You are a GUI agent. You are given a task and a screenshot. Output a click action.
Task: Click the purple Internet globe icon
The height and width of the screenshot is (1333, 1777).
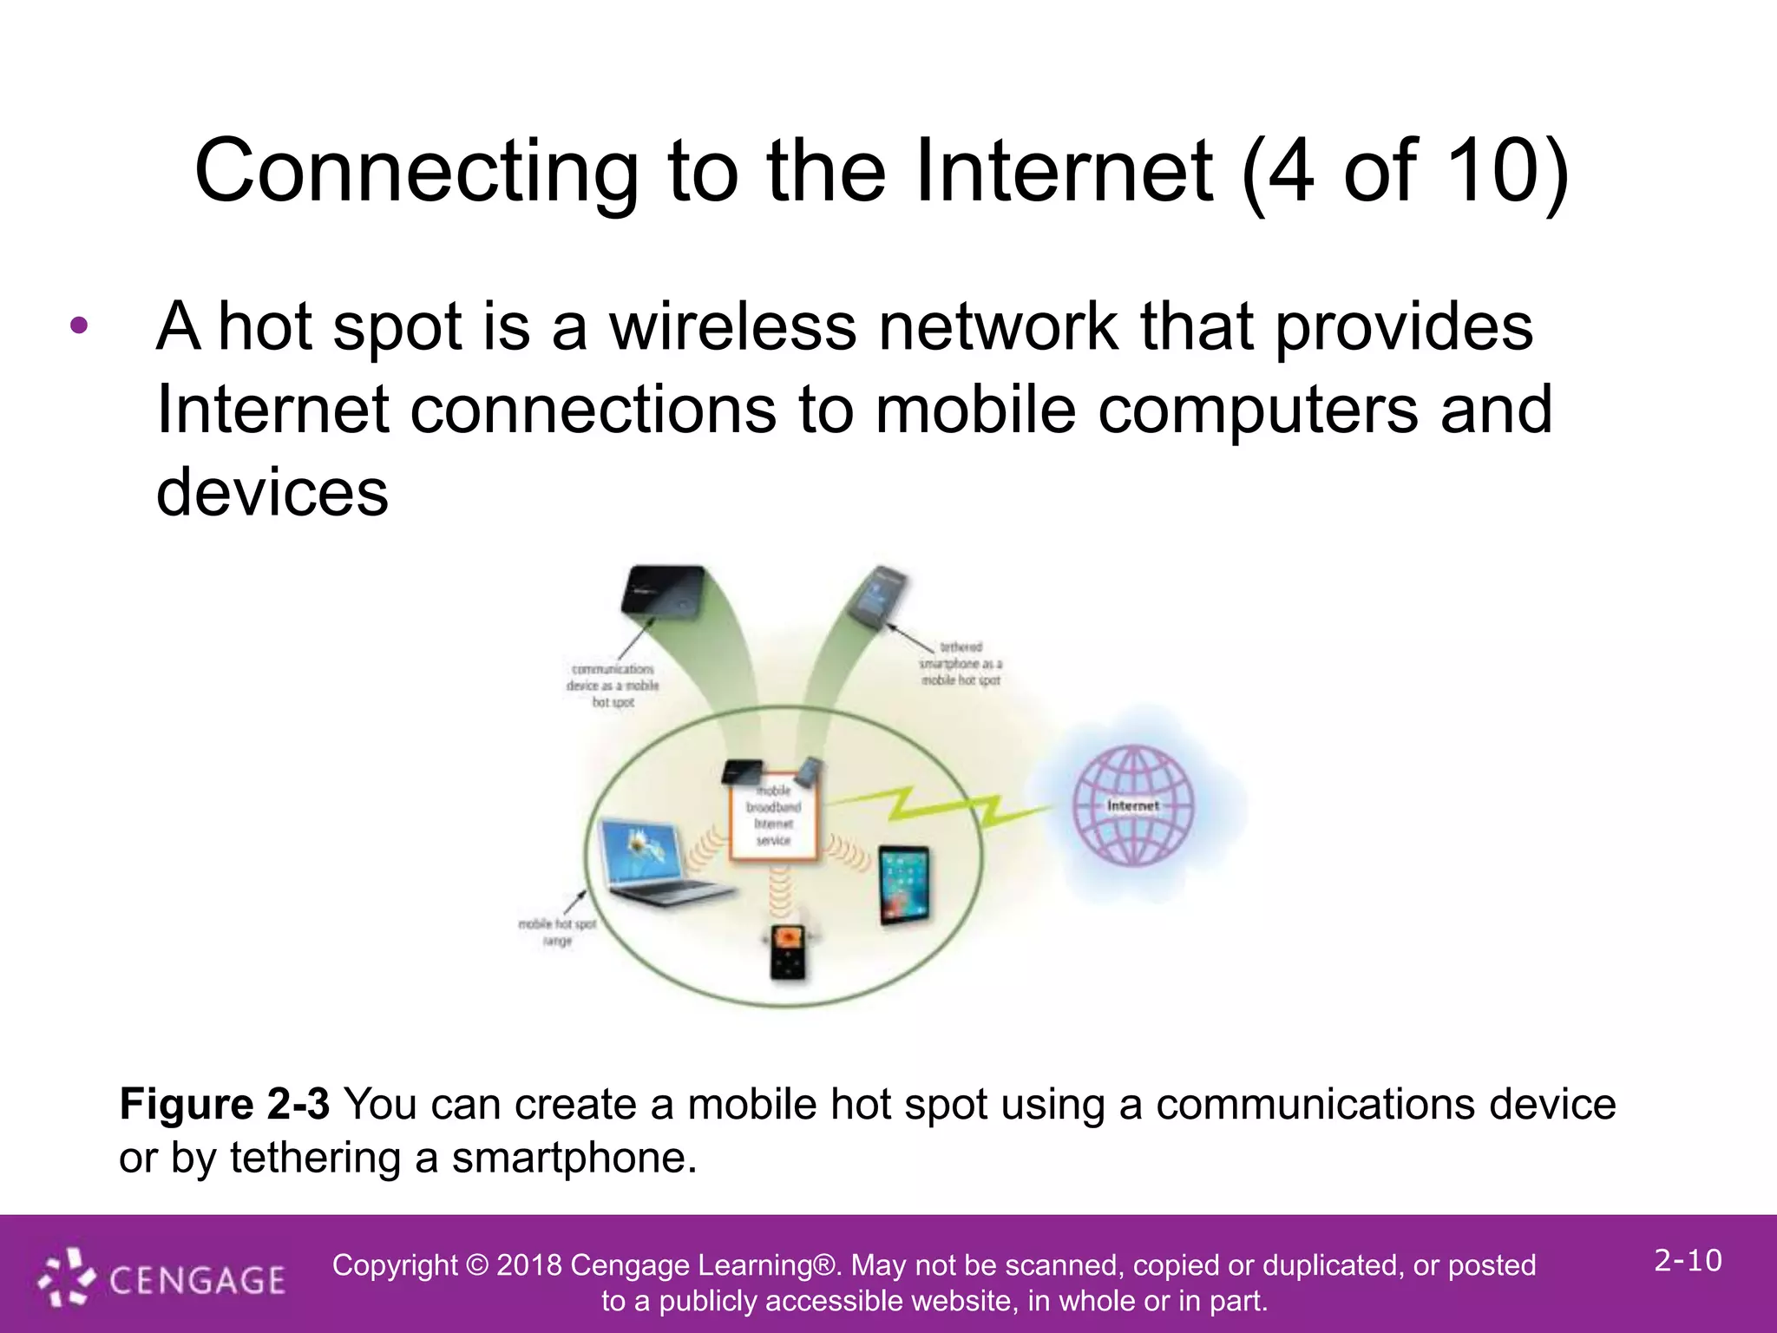1132,805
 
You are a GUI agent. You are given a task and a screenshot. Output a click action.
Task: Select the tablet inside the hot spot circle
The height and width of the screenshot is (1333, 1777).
903,885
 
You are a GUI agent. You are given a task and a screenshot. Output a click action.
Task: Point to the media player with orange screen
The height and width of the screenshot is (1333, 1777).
788,953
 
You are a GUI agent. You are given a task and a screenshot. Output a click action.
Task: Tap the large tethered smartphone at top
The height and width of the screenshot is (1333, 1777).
878,594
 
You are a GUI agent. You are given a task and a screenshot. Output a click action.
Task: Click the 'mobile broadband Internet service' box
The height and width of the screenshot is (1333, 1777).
773,816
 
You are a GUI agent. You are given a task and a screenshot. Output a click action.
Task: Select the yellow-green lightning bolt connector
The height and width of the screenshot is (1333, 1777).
937,805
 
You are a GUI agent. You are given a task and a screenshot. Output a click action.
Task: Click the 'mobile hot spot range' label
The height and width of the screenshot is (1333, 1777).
557,932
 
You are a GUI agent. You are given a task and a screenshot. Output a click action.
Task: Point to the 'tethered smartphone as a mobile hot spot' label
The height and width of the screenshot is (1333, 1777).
961,664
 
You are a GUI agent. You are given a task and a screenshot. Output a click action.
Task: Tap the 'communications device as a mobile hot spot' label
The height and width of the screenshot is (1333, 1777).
613,686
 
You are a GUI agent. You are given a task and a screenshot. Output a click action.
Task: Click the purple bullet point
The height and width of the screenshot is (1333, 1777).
79,327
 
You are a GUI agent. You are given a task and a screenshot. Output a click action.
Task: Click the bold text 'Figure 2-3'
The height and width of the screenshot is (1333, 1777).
224,1105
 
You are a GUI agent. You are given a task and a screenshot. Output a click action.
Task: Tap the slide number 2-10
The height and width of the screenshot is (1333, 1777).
1687,1260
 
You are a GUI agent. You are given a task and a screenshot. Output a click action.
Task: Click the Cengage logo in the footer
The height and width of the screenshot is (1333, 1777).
162,1278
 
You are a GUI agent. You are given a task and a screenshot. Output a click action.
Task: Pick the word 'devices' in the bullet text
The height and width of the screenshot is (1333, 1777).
272,492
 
